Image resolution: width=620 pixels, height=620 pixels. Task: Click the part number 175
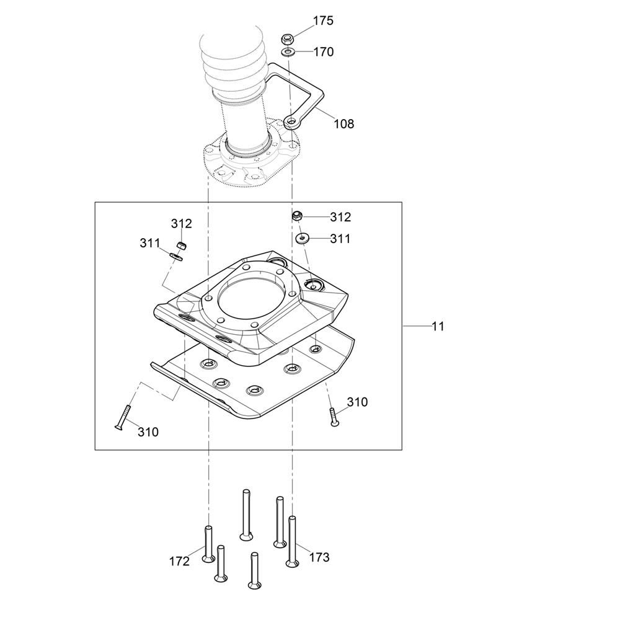323,20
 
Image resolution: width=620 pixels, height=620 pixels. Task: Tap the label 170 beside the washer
324,52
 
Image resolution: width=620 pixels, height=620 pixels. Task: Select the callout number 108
343,124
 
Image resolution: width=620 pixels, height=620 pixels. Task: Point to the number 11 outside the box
438,326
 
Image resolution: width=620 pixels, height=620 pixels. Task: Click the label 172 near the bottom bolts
180,561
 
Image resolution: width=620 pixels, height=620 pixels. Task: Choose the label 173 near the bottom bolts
319,557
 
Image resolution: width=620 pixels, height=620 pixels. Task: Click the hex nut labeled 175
288,40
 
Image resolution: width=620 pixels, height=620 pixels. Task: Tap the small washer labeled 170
288,52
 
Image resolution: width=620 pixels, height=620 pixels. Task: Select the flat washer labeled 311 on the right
303,239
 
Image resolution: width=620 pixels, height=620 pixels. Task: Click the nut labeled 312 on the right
298,216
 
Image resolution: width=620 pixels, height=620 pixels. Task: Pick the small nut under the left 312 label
181,245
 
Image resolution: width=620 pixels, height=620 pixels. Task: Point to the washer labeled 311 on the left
176,257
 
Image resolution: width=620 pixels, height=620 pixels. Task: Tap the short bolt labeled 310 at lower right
334,417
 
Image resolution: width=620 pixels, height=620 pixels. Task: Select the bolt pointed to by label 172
208,544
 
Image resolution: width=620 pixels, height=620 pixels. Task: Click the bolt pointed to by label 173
292,541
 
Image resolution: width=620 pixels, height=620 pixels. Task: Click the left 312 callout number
182,224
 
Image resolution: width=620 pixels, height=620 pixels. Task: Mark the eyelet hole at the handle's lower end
291,121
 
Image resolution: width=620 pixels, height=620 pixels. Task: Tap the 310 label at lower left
148,432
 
